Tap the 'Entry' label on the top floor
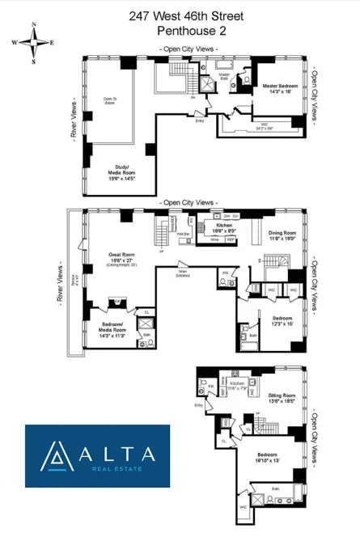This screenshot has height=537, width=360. point(199,121)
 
